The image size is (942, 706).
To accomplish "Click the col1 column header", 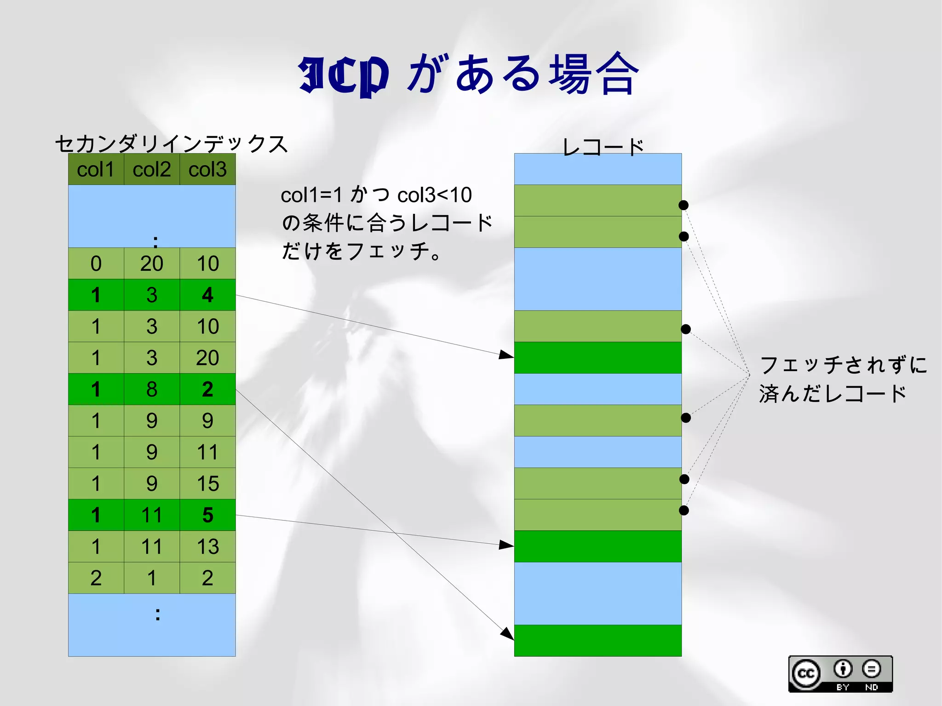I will [96, 170].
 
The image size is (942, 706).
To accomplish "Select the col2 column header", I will [152, 170].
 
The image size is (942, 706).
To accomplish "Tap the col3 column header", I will [207, 170].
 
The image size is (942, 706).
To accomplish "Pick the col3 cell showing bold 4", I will [207, 295].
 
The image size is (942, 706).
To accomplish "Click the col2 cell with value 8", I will [152, 389].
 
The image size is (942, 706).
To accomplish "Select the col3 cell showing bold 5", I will [207, 515].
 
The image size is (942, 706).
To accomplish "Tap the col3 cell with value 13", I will [207, 546].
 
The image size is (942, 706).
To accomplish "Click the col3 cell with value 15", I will [207, 483].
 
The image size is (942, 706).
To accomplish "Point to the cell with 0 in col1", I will [96, 264].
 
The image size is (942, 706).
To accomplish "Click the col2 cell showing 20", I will [152, 264].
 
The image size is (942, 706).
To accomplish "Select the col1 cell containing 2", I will [96, 578].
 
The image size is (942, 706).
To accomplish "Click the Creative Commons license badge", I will [840, 674].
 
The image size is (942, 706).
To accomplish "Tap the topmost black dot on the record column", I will [684, 205].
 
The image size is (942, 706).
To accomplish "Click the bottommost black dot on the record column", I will [684, 510].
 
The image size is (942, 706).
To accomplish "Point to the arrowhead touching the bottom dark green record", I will [507, 634].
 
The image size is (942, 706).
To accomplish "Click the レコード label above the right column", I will [603, 147].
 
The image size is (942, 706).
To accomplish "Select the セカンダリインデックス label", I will [171, 144].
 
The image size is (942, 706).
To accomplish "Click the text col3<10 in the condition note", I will [434, 195].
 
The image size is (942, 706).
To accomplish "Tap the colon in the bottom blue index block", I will [158, 614].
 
